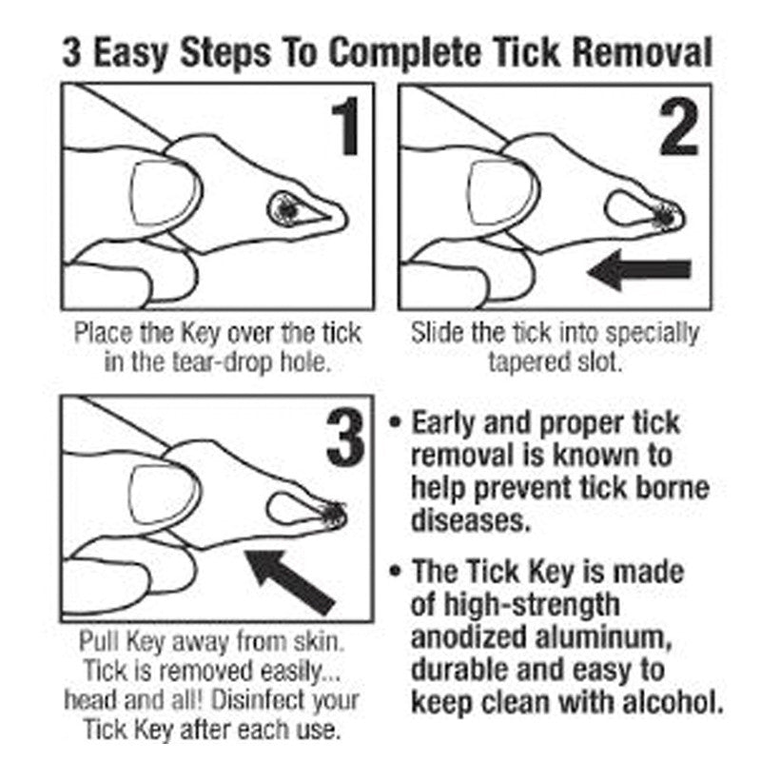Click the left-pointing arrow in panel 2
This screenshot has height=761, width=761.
[638, 271]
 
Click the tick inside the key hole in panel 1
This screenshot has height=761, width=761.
[284, 209]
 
